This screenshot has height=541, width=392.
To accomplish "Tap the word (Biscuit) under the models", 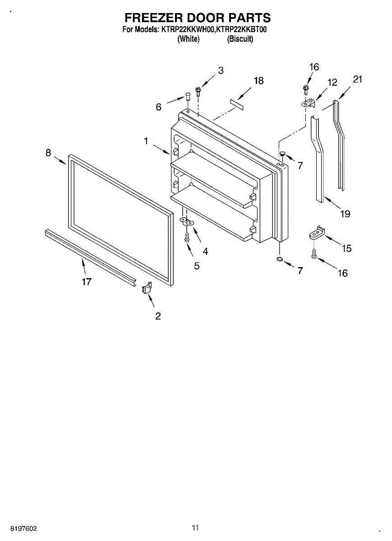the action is [x=240, y=39].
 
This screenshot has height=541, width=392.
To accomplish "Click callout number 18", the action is [x=258, y=81].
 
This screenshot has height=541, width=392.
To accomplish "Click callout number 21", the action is [x=358, y=80].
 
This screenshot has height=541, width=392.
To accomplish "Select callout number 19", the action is [x=345, y=214].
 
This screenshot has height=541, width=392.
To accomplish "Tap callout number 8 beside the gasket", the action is [x=48, y=153].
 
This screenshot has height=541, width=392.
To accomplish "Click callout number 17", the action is [x=87, y=282].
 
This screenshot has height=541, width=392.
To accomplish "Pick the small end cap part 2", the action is [x=147, y=288].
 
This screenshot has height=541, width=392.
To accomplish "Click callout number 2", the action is [x=158, y=316].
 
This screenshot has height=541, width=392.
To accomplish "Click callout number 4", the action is [x=205, y=252].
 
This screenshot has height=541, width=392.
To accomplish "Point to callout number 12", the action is [x=332, y=83].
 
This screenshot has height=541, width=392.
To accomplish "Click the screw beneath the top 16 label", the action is [x=306, y=89].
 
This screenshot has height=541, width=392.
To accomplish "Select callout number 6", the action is [x=158, y=107].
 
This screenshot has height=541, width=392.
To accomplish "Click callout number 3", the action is [x=221, y=70].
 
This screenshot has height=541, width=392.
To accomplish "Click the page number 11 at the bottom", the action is [x=195, y=527].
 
